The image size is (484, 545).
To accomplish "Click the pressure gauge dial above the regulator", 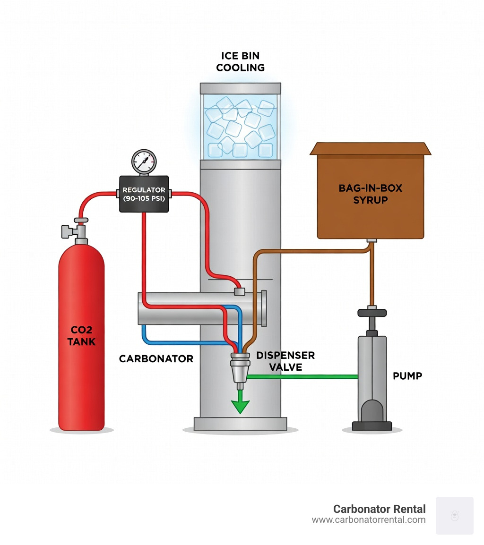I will (x=144, y=162).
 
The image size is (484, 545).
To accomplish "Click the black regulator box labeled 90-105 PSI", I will (x=144, y=194).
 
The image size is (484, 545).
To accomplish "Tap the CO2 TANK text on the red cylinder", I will (x=81, y=335).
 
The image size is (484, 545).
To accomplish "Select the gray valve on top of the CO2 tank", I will (x=76, y=231).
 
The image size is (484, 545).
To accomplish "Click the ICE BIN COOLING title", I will (x=240, y=62).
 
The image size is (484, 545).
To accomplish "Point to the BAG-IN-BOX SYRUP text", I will (x=370, y=194).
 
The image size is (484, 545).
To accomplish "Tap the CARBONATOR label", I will (x=156, y=359).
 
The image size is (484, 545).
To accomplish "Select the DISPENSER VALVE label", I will (x=285, y=361).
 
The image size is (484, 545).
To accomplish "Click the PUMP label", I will (x=407, y=376).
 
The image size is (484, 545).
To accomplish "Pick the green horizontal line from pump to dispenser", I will (x=302, y=376).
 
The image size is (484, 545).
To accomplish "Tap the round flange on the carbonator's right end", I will (x=264, y=308).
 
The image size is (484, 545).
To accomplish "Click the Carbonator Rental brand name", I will (x=379, y=509).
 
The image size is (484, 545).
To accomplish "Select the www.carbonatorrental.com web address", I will (x=369, y=520).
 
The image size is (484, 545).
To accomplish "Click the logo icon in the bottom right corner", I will (x=454, y=515).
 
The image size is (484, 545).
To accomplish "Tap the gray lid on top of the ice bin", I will (x=240, y=88).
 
